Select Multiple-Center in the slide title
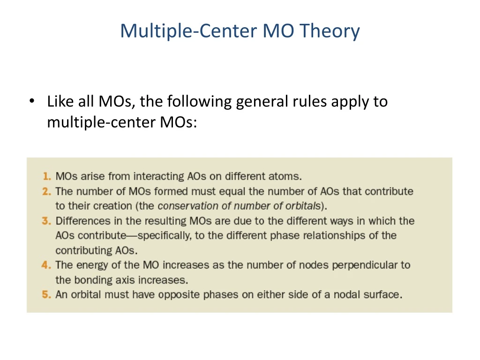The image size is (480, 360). (188, 31)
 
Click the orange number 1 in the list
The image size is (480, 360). (46, 177)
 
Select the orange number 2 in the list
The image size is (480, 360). (46, 191)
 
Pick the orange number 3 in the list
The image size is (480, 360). (46, 221)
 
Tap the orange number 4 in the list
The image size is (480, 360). (46, 265)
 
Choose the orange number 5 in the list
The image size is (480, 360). (46, 295)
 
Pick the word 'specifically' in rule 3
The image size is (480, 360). (164, 235)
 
